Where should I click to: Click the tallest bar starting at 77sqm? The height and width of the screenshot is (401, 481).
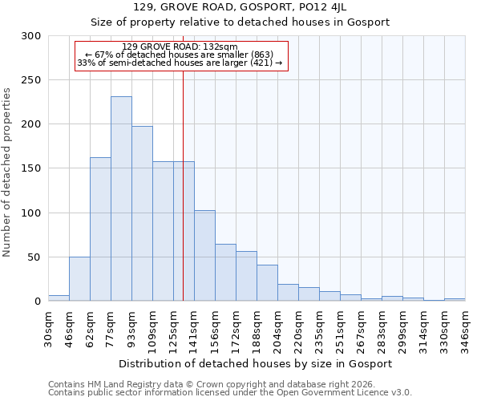point(121,199)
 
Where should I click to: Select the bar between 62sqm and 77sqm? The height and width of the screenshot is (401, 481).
point(100,229)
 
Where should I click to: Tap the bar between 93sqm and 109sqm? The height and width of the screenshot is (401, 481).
point(142,213)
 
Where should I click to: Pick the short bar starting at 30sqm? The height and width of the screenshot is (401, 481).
point(59,298)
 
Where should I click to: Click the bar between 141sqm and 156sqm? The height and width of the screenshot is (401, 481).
point(204,255)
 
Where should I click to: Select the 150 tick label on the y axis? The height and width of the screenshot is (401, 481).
point(31,169)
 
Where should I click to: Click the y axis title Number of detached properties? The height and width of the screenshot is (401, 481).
point(7,172)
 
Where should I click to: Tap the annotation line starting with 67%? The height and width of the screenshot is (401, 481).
point(180,55)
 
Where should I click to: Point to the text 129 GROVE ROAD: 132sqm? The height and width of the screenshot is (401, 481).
point(180,47)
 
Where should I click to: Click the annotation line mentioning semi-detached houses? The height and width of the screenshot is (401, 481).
point(180,63)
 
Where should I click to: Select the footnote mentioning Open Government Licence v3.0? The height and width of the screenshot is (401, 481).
point(230,392)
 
